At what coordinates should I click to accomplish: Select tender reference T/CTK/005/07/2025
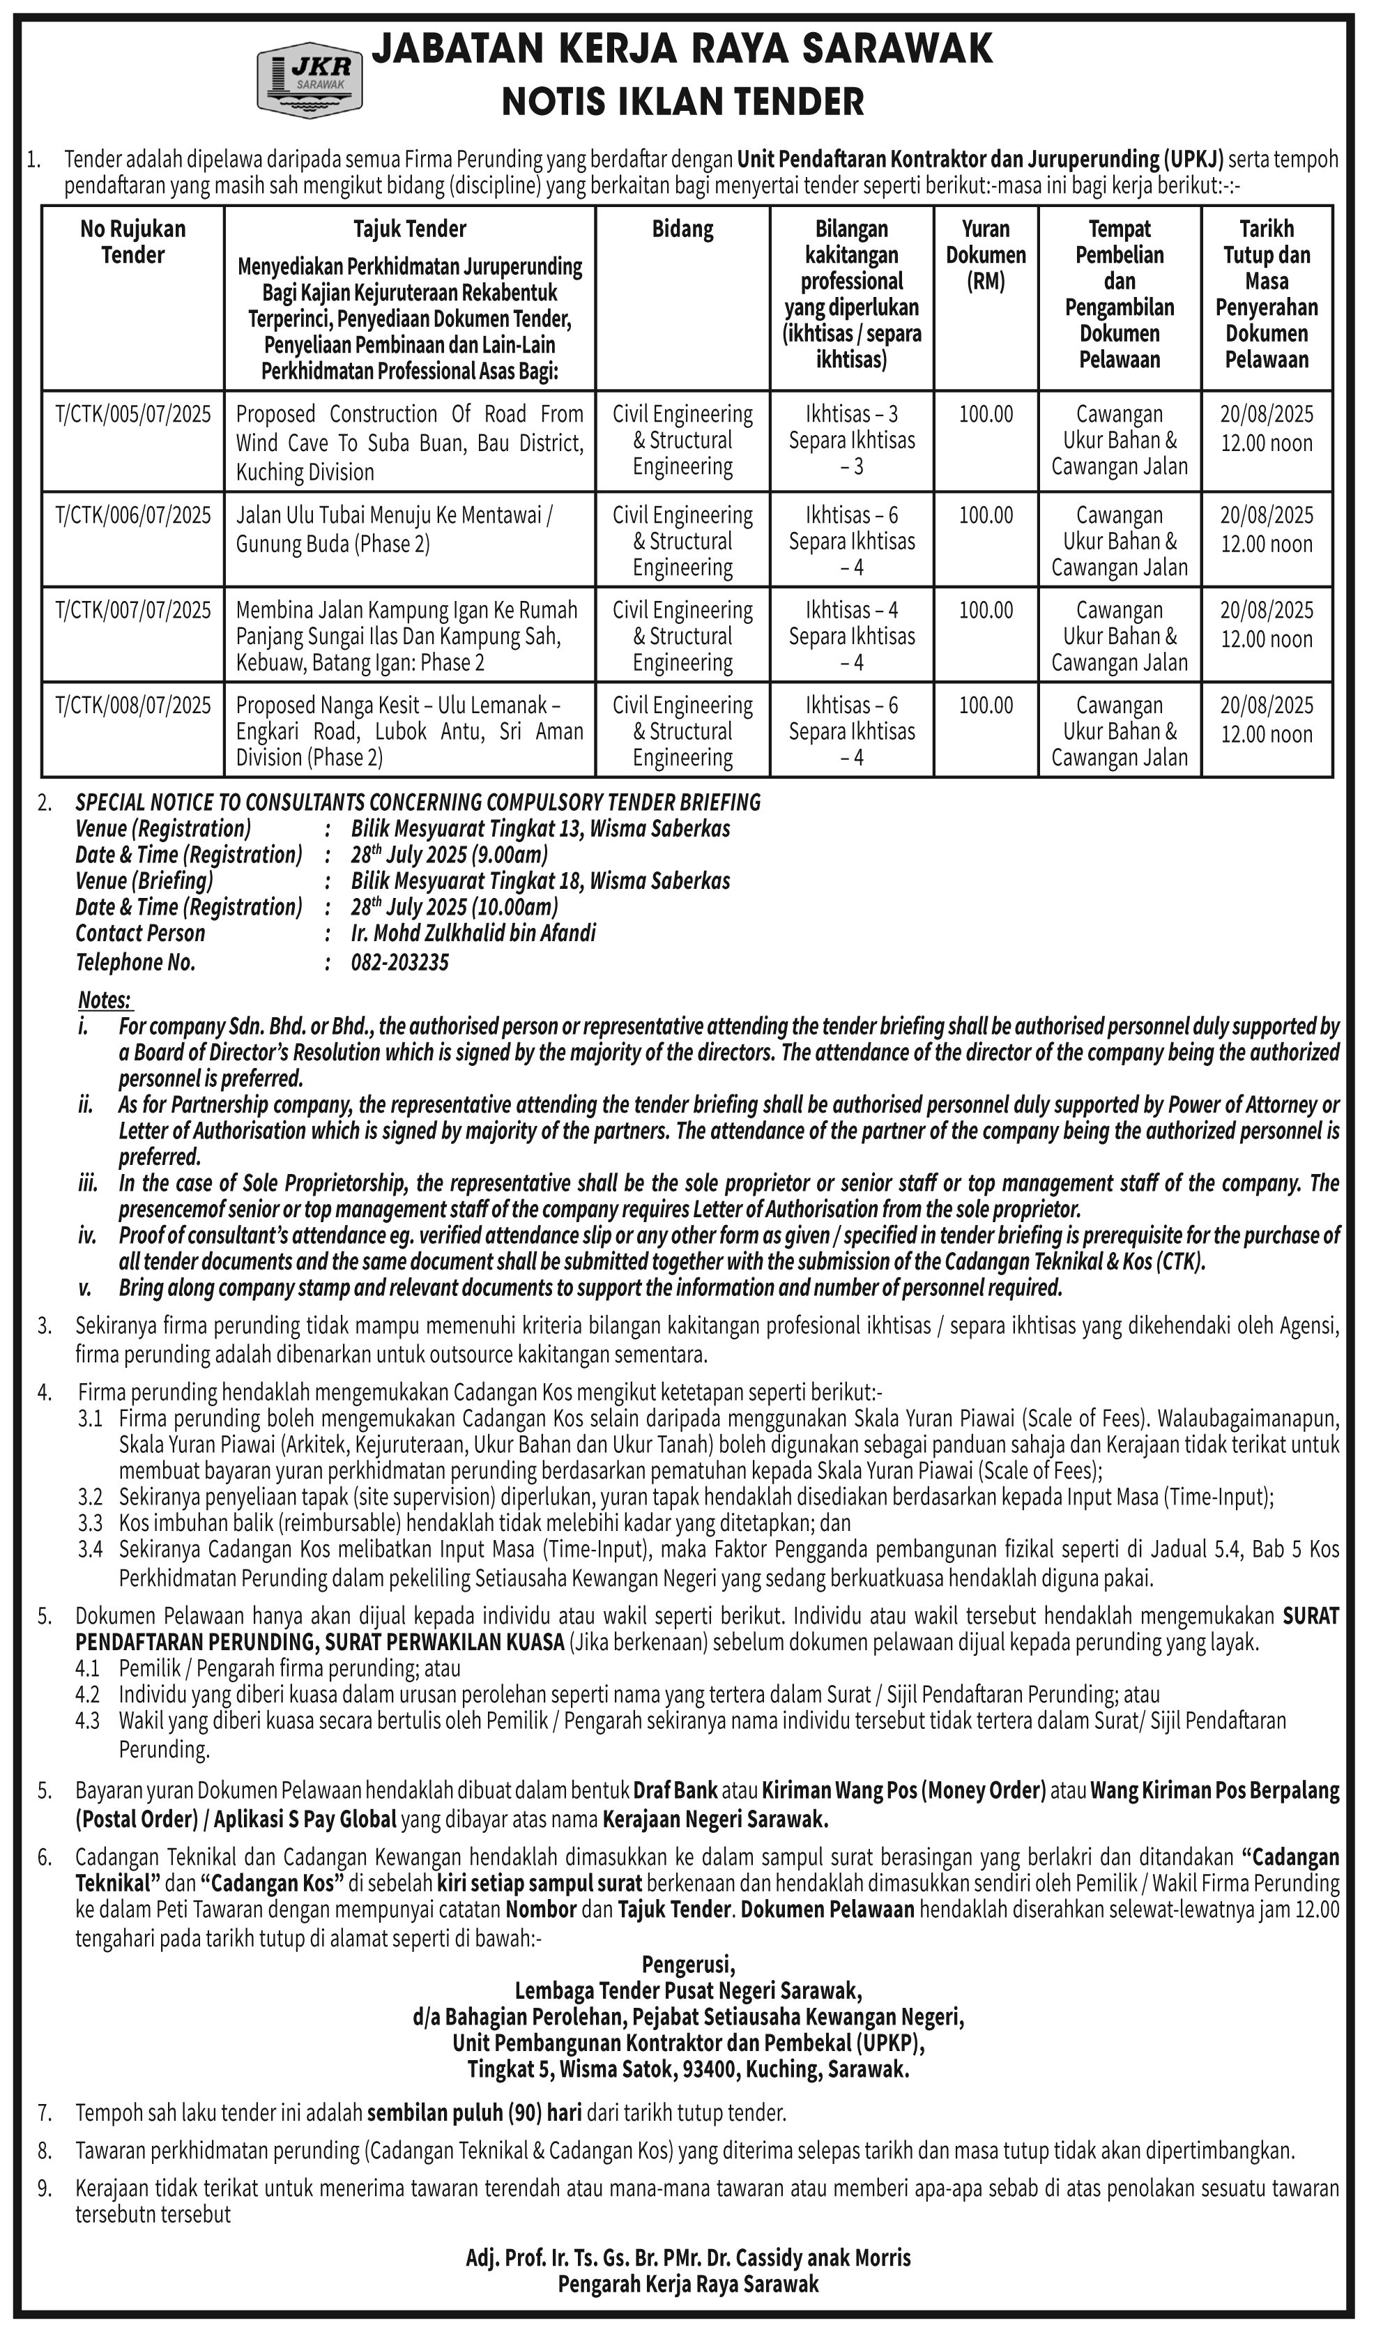tap(133, 415)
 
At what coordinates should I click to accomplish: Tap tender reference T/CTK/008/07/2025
tap(133, 706)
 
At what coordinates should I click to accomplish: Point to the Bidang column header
tap(683, 229)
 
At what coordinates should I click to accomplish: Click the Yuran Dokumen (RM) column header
tap(986, 254)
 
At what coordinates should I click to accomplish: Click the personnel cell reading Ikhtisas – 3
tap(851, 415)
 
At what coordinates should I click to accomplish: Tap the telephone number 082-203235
tap(400, 963)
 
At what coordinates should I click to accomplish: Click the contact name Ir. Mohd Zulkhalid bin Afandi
tap(473, 933)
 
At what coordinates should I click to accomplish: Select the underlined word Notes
tap(104, 1000)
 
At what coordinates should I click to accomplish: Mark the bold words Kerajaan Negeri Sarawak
tap(716, 1821)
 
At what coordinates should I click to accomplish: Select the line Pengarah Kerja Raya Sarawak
tap(689, 2284)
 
